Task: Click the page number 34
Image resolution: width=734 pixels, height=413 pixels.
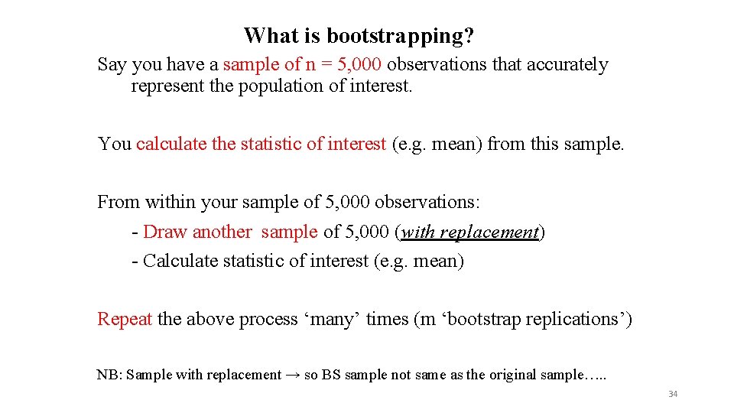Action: point(673,394)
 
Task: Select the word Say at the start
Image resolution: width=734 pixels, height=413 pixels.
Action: point(112,65)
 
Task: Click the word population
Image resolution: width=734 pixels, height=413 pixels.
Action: point(276,86)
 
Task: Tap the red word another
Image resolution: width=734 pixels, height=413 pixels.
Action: point(222,232)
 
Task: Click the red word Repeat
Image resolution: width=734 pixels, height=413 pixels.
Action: point(125,319)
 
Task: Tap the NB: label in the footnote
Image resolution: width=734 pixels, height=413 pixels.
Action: point(109,375)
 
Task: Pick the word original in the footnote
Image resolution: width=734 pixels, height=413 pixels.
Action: point(514,375)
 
